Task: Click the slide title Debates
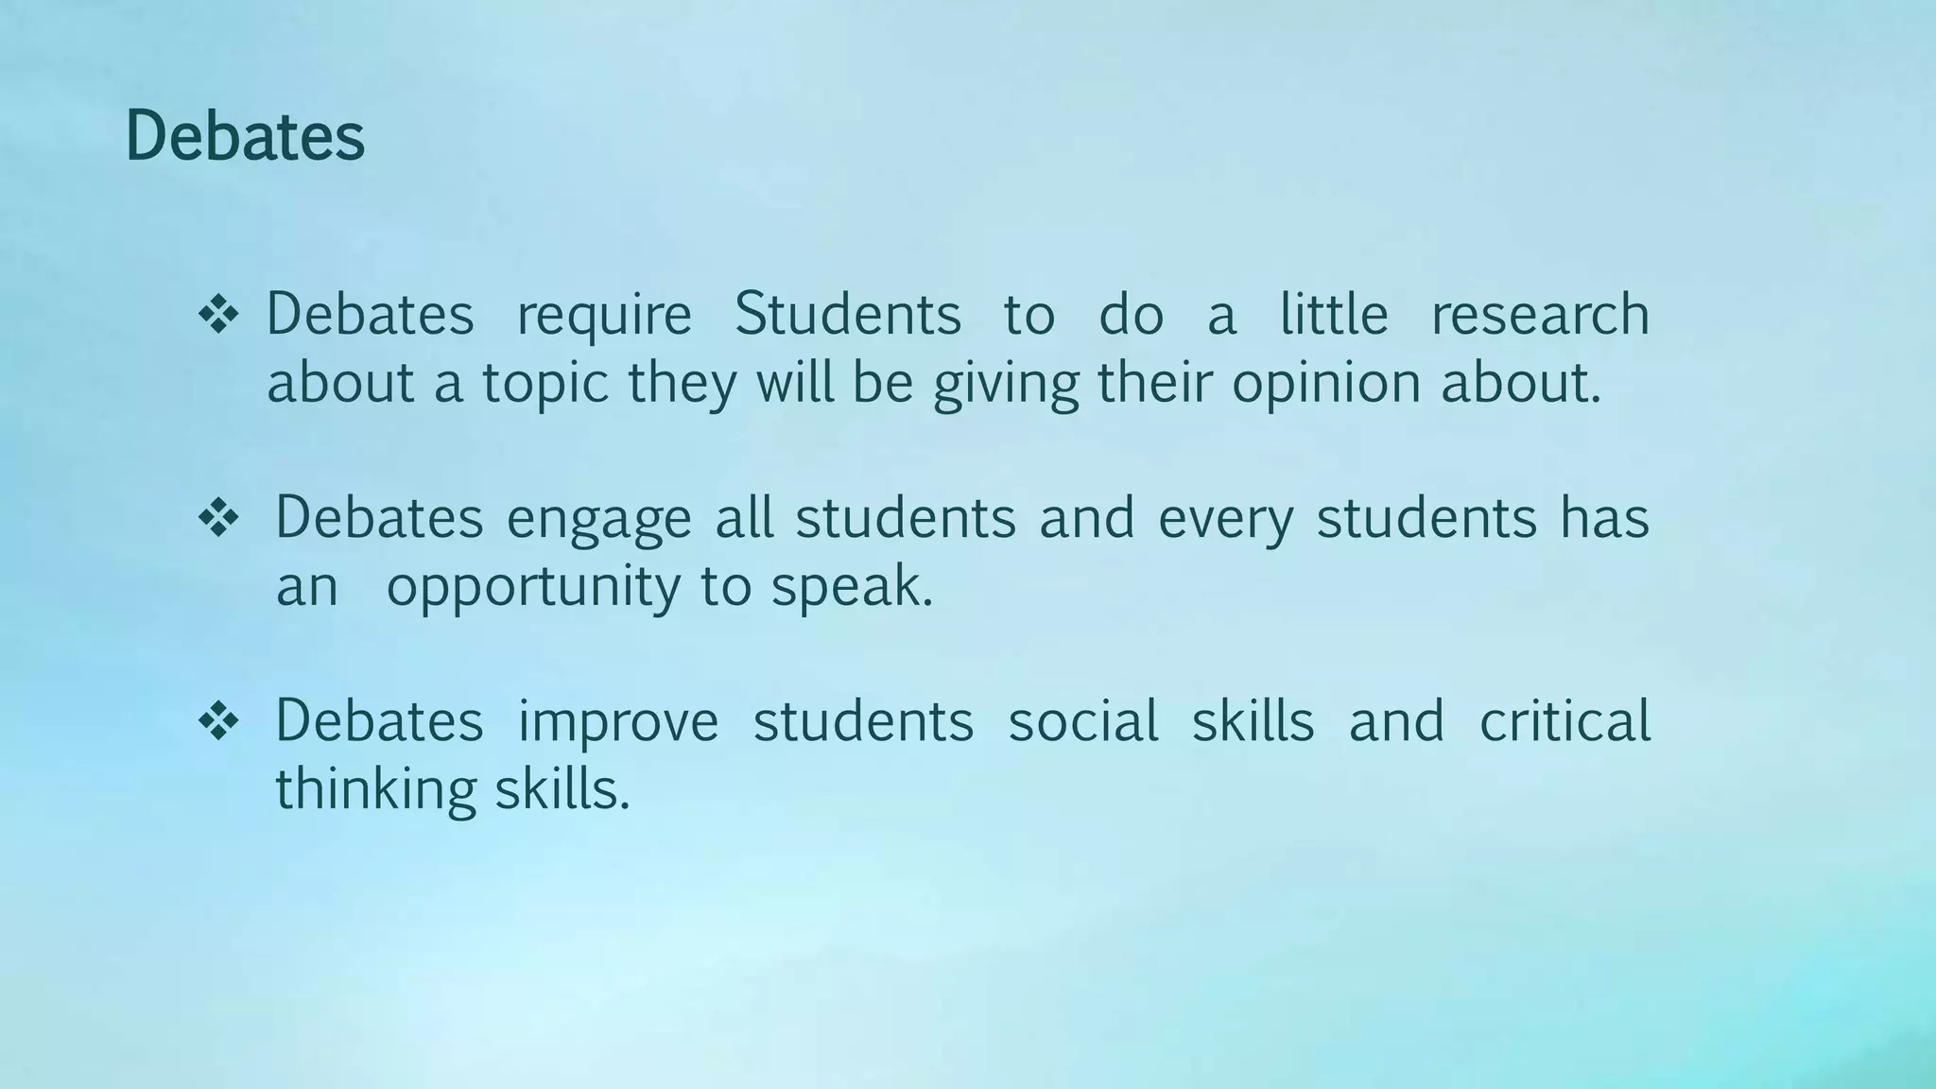point(245,137)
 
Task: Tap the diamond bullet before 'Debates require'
point(218,315)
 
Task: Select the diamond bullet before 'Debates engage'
point(218,518)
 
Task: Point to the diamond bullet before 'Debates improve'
point(218,721)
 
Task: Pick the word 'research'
point(1540,315)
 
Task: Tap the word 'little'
point(1334,315)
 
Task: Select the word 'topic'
point(544,385)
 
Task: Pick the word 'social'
point(1083,721)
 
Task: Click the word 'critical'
point(1564,721)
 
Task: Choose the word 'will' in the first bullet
point(795,383)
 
